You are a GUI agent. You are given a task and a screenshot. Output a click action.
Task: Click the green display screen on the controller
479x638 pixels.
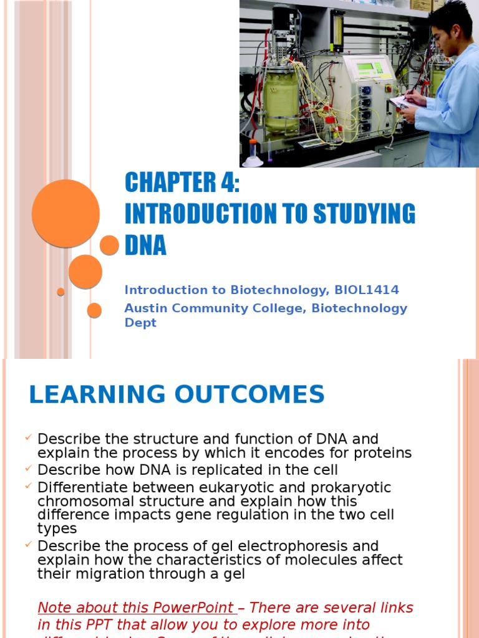coord(364,67)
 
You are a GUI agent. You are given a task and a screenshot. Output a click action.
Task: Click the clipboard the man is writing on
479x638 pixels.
coord(399,102)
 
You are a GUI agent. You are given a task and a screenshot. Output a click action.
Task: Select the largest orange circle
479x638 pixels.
coord(65,214)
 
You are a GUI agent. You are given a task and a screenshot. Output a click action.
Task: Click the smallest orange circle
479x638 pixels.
coord(60,292)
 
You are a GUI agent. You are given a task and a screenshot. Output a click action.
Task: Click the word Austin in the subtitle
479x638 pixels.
coord(145,308)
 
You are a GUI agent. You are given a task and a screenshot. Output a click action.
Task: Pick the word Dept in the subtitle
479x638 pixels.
coord(140,323)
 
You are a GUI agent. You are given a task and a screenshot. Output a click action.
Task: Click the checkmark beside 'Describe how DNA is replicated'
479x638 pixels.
coord(29,468)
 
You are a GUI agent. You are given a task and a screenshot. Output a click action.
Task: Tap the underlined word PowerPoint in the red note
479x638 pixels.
coord(196,607)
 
